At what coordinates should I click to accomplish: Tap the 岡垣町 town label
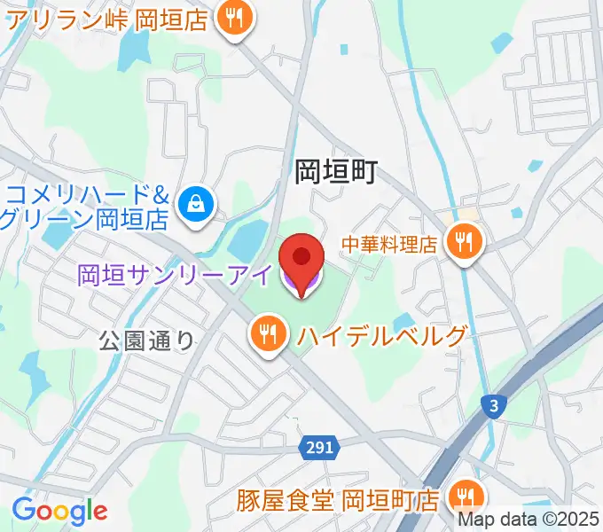tap(336, 171)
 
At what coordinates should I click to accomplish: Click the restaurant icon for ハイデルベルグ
tap(266, 335)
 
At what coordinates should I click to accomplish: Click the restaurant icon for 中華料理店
tap(464, 239)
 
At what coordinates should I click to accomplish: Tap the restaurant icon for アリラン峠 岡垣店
tap(235, 17)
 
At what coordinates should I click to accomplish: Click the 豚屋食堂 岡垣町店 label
tap(337, 500)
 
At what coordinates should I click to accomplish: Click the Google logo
tap(59, 510)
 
